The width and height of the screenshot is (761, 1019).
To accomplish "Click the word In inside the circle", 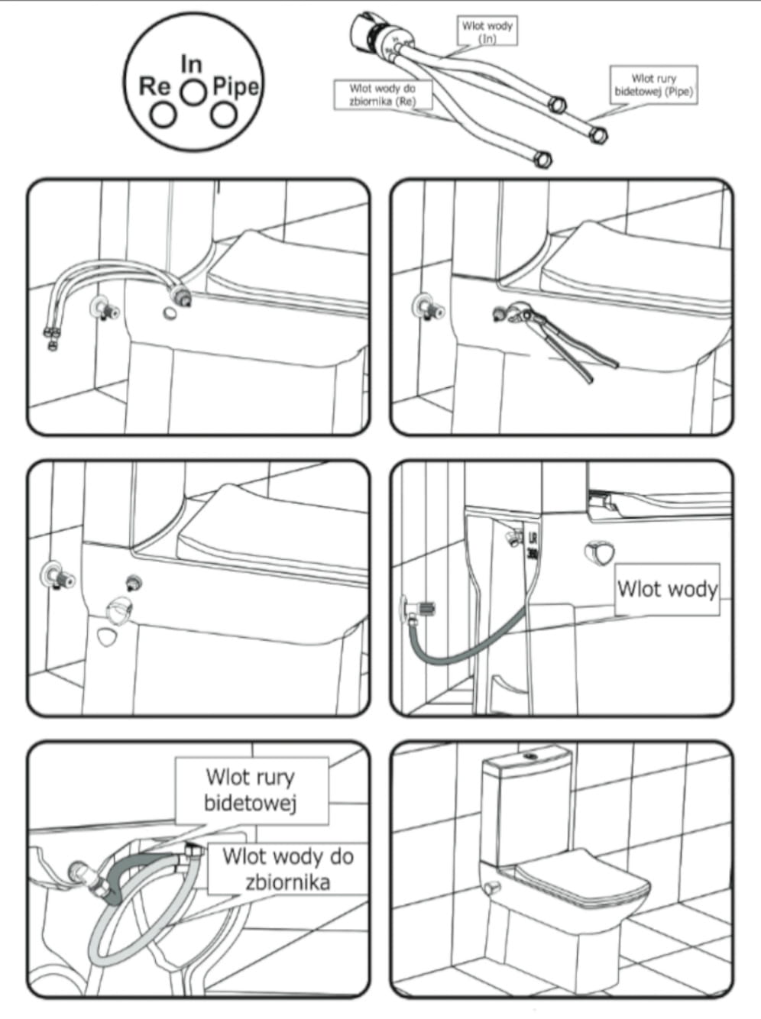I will pyautogui.click(x=191, y=64).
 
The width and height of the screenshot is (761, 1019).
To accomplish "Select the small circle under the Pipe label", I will pyautogui.click(x=223, y=115).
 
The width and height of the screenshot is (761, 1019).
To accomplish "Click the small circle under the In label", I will pyautogui.click(x=193, y=91).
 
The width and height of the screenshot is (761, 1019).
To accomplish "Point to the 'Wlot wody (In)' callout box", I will pyautogui.click(x=487, y=31).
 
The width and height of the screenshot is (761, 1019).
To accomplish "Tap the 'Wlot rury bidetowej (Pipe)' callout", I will pyautogui.click(x=653, y=85).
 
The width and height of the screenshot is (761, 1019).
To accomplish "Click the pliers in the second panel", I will pyautogui.click(x=565, y=336).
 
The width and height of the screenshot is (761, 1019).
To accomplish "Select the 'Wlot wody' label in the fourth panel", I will pyautogui.click(x=667, y=589).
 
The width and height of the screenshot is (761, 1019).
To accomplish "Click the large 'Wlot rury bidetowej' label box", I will pyautogui.click(x=251, y=790).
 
